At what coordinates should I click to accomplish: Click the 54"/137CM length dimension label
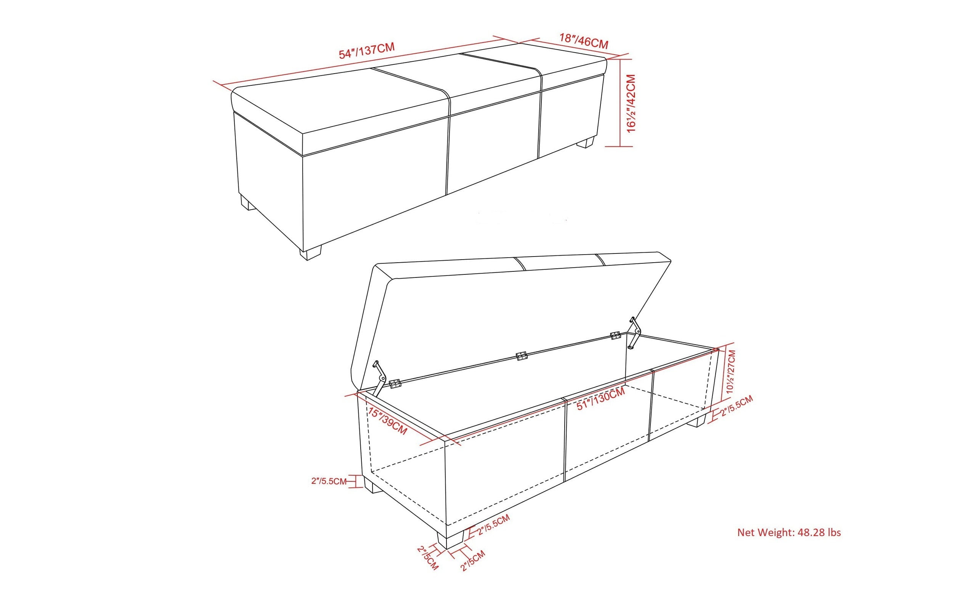(x=366, y=51)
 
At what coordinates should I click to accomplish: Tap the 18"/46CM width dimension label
(x=584, y=41)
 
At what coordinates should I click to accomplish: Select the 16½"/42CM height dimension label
(x=630, y=103)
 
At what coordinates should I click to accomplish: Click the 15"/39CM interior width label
(x=388, y=421)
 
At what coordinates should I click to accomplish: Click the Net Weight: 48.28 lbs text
(x=789, y=532)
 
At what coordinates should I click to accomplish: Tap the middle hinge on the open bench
(x=521, y=356)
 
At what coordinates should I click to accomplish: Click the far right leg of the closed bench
(x=586, y=143)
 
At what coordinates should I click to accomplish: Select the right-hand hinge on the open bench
(x=615, y=335)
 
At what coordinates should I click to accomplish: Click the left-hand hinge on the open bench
(x=395, y=383)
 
